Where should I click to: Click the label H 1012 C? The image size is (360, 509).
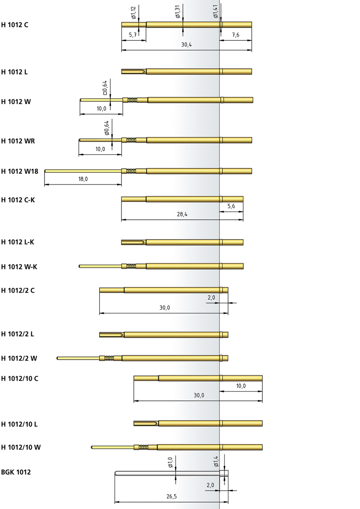tap(14, 25)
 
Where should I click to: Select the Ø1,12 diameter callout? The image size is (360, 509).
tap(133, 13)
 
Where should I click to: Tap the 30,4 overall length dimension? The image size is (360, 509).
tap(186, 45)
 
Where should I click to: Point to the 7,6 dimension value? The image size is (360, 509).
tap(236, 35)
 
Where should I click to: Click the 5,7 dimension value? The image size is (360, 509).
tap(133, 35)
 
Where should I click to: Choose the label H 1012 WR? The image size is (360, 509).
tap(18, 141)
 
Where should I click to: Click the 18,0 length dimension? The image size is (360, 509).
tap(83, 179)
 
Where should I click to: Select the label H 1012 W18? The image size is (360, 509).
tap(20, 171)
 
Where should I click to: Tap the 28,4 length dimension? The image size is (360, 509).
tap(182, 214)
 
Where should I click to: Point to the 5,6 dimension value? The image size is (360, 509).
tap(231, 206)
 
